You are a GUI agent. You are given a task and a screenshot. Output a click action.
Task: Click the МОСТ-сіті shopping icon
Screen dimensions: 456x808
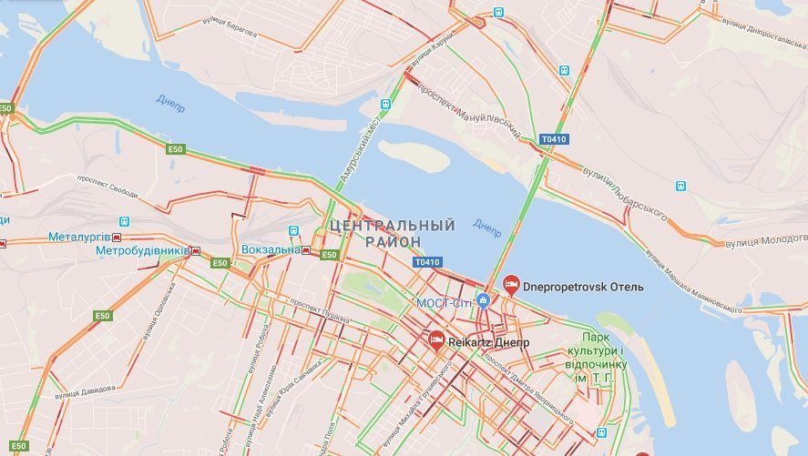click(x=484, y=300)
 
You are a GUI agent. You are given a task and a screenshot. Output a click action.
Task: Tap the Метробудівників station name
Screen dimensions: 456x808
click(x=142, y=249)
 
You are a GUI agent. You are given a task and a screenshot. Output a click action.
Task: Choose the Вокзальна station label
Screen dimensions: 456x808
click(x=271, y=249)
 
